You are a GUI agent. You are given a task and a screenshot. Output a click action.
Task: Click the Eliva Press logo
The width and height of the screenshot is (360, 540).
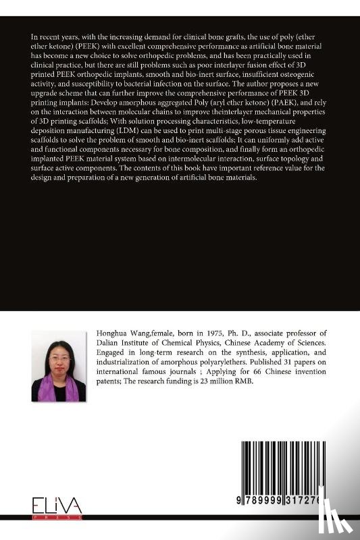(57, 507)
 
